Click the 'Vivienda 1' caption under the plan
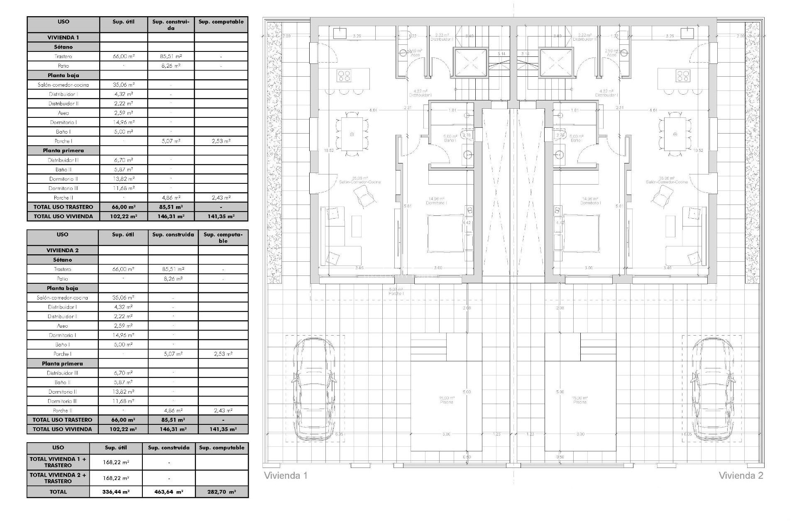point(286,475)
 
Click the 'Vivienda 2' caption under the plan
point(741,475)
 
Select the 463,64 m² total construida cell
point(169,492)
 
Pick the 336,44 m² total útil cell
point(116,492)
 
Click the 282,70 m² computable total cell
point(222,492)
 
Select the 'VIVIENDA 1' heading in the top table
point(63,37)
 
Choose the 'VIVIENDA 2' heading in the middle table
point(62,250)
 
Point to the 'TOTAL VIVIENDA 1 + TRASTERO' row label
point(58,462)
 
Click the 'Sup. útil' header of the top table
point(124,22)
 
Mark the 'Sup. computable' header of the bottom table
point(222,448)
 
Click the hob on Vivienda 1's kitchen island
point(344,76)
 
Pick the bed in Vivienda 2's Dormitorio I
point(580,232)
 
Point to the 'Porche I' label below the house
point(396,291)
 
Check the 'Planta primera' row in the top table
point(63,151)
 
